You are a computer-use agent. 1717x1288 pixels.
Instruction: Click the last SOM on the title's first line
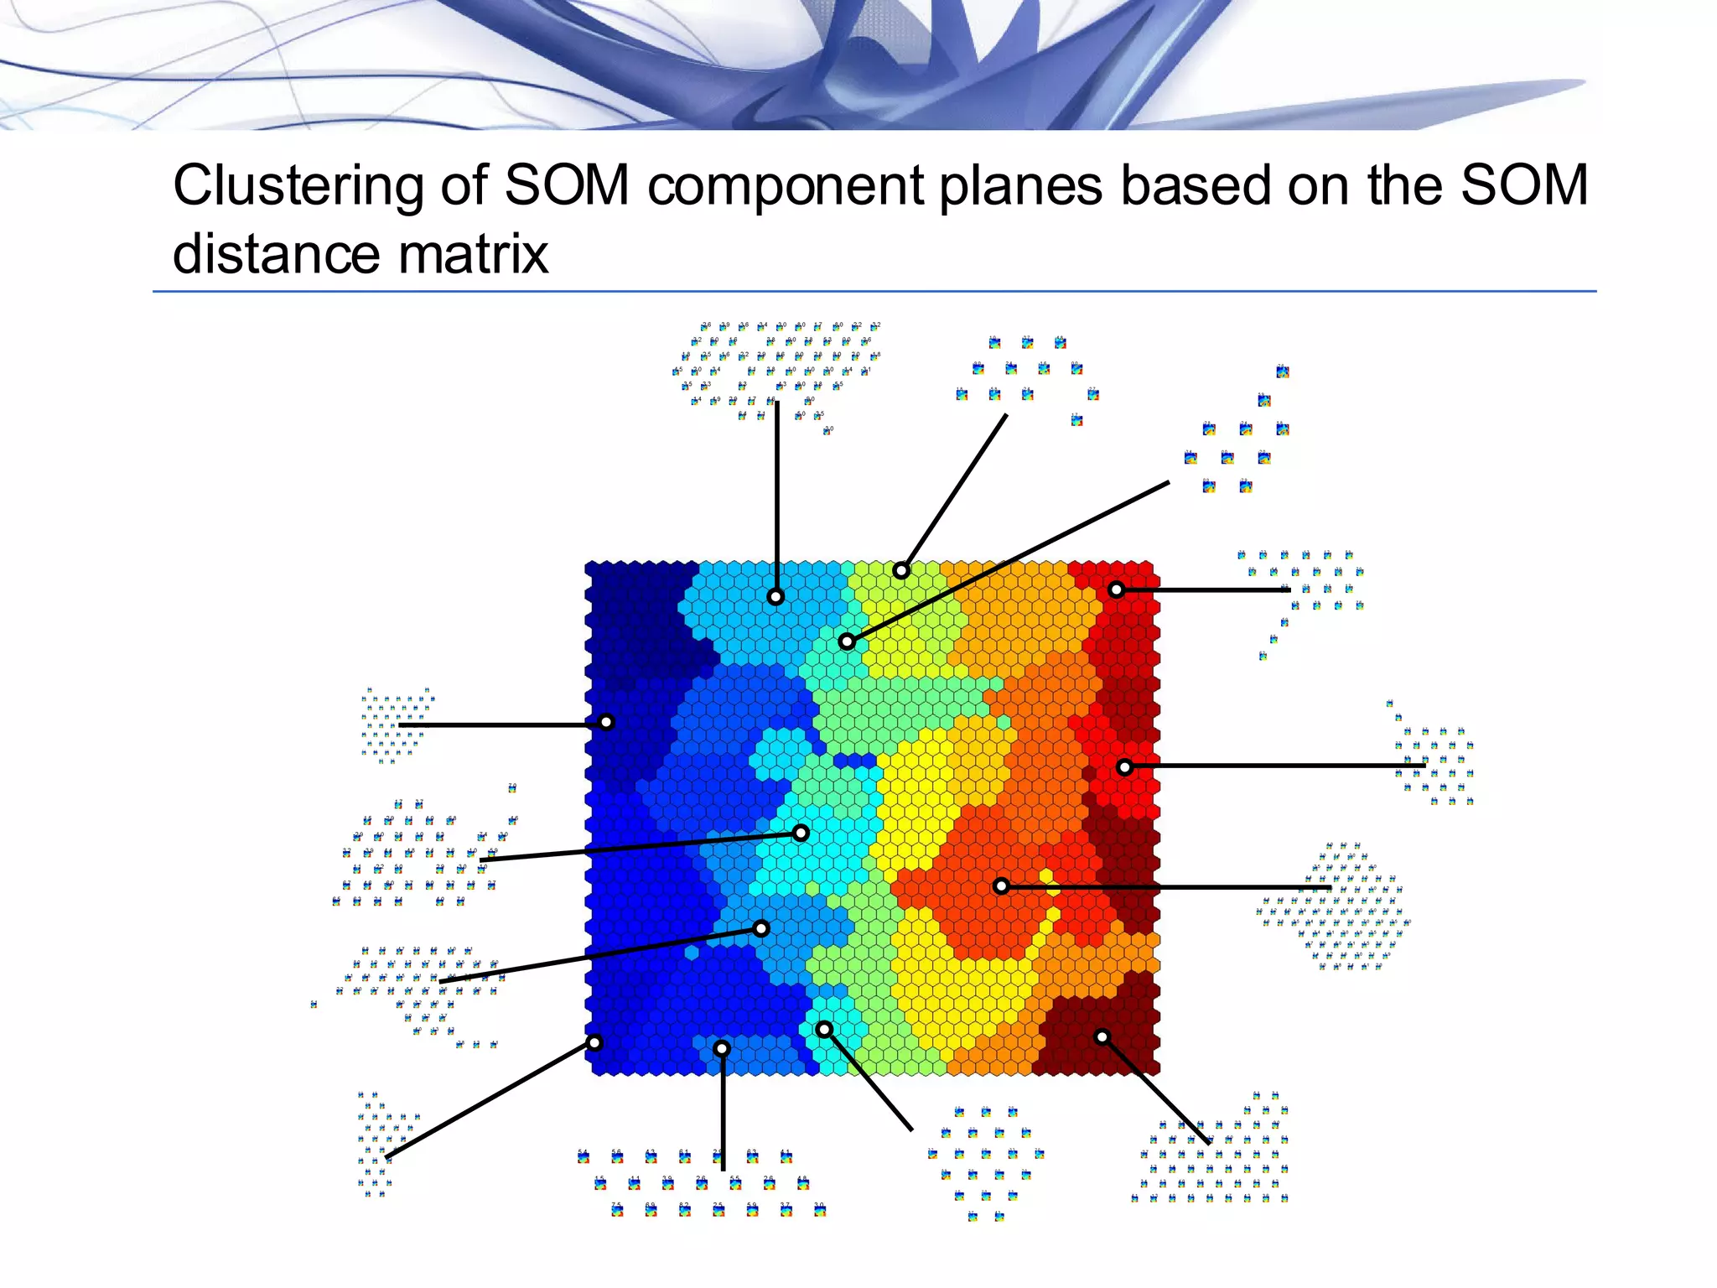(1524, 185)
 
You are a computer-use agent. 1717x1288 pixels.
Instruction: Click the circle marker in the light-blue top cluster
(776, 597)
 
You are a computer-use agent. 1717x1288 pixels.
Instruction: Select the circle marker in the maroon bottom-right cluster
(1102, 1037)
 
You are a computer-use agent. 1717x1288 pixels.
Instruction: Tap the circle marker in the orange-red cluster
(1001, 885)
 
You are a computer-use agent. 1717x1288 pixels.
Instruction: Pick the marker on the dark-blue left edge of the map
(606, 722)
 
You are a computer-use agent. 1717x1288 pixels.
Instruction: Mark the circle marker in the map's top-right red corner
(1116, 589)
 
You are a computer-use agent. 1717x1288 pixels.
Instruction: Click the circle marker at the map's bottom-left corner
(594, 1043)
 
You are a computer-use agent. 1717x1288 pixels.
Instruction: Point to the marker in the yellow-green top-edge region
(900, 571)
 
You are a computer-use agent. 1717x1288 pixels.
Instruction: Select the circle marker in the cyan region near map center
(801, 833)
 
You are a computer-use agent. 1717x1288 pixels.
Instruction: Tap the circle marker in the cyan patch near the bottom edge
(824, 1029)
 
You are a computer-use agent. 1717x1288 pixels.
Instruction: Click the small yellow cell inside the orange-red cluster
(1046, 876)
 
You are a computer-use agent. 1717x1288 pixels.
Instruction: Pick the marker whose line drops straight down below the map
(722, 1048)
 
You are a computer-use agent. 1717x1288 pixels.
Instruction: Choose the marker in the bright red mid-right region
(1125, 766)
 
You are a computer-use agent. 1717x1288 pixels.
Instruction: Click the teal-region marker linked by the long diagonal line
(847, 641)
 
